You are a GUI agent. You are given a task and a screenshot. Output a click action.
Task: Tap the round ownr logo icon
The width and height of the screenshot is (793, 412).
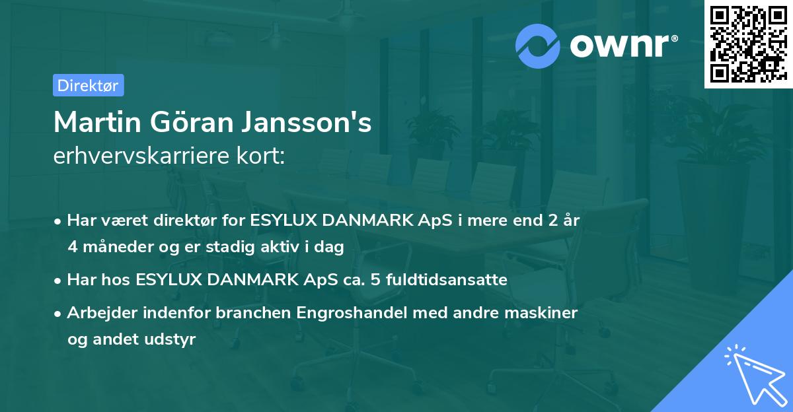[538, 46]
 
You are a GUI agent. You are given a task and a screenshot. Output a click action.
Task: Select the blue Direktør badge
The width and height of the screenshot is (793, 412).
[88, 85]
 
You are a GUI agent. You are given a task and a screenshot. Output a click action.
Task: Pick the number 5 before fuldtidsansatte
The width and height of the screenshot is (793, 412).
[375, 280]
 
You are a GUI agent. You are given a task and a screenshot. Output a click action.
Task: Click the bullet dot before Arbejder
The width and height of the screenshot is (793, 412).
[59, 314]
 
